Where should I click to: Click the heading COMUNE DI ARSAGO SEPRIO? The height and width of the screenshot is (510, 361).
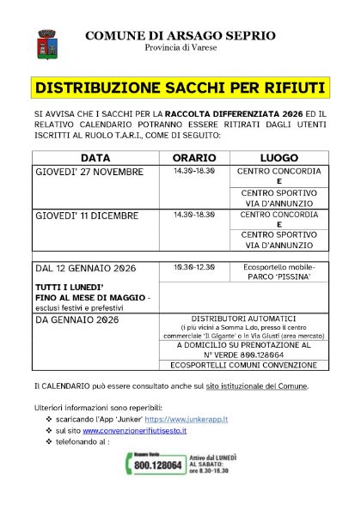(180, 35)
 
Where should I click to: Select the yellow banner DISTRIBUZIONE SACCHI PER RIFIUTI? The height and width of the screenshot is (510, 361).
(180, 88)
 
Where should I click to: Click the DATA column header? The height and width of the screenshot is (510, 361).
(95, 159)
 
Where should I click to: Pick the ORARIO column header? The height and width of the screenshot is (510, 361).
(193, 159)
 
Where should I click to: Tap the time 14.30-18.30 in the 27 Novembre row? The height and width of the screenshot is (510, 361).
(193, 171)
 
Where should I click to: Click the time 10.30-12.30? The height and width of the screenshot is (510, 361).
(193, 267)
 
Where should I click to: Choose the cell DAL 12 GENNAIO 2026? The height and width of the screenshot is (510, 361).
(83, 268)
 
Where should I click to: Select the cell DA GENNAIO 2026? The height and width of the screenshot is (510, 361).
(76, 319)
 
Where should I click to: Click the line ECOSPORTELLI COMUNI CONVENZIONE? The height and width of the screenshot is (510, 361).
(231, 365)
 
